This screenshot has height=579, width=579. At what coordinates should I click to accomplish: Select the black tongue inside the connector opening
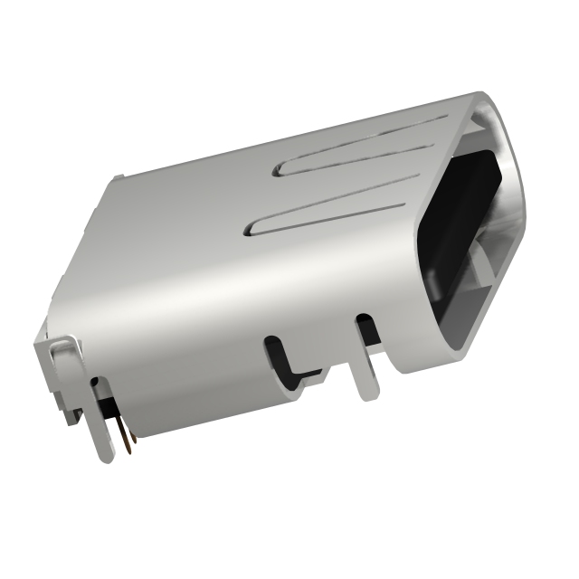point(466,226)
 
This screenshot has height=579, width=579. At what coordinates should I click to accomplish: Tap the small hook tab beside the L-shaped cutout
point(312,378)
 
